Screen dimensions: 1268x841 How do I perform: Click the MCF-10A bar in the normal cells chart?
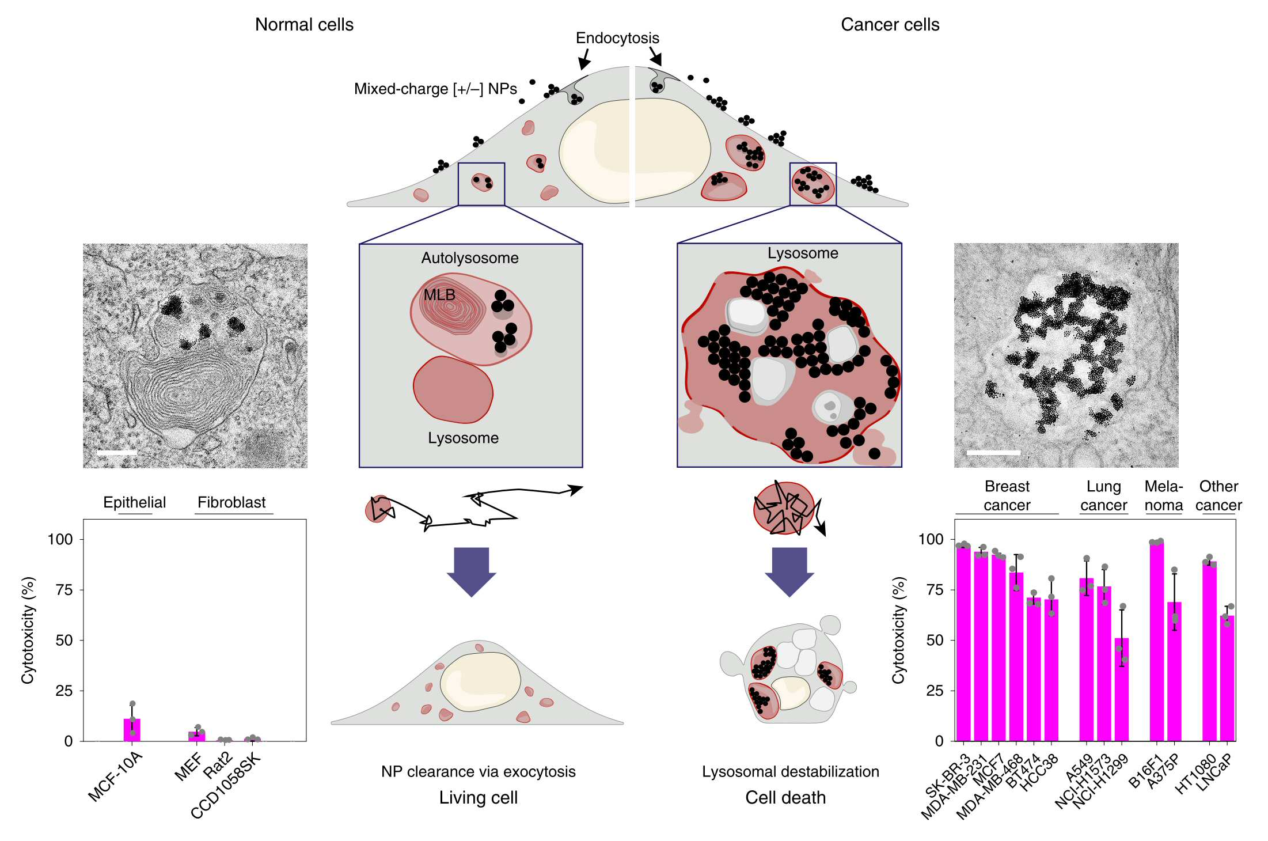point(132,729)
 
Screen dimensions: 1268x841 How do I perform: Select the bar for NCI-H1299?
point(1122,689)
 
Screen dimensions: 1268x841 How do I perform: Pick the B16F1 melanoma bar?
point(1156,641)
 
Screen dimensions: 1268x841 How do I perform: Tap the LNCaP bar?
point(1227,678)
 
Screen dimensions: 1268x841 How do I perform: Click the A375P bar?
point(1174,671)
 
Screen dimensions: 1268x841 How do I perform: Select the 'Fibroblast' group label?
point(231,502)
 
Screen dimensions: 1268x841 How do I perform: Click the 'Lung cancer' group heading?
point(1103,495)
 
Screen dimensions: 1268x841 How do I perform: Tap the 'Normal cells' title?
point(304,25)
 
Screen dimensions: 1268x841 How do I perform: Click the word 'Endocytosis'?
point(617,38)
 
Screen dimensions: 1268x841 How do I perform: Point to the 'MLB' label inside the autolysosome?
point(439,295)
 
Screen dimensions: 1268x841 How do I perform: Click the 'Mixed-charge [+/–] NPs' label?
point(435,89)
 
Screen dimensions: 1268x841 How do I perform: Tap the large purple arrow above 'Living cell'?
point(472,572)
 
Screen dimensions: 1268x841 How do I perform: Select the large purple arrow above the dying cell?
point(789,572)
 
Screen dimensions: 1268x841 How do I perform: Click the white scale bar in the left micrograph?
point(117,453)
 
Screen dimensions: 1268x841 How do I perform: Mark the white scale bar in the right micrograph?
point(993,453)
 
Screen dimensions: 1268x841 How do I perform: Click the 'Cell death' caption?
point(785,798)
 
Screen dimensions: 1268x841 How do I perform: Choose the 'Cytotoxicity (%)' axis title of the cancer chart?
point(898,630)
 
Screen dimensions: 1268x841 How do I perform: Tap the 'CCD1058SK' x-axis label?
point(226,785)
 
